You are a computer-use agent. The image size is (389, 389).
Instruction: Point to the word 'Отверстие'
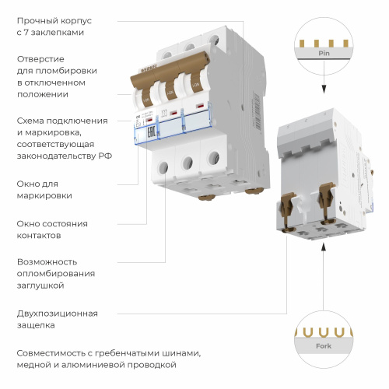point(41,59)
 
